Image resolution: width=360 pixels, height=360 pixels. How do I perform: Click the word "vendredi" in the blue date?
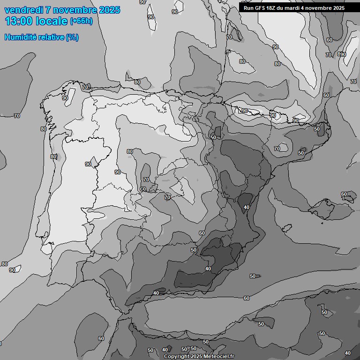pyautogui.click(x=24, y=10)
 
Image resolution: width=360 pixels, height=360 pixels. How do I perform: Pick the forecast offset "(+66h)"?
pyautogui.click(x=81, y=22)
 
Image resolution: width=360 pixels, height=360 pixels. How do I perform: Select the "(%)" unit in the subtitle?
pyautogui.click(x=72, y=37)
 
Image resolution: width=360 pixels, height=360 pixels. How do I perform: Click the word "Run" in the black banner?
pyautogui.click(x=248, y=8)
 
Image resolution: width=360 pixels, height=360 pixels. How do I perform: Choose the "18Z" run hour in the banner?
pyautogui.click(x=271, y=8)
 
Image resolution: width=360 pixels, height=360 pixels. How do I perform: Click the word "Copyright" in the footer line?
pyautogui.click(x=176, y=356)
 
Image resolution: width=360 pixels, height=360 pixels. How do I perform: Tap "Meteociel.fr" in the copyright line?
pyautogui.click(x=219, y=356)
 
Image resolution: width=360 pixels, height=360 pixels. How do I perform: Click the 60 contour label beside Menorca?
pyautogui.click(x=344, y=194)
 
